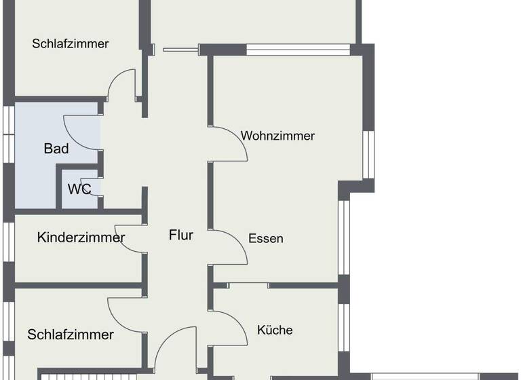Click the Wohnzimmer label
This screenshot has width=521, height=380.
coord(277,136)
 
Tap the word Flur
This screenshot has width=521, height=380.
coord(181,235)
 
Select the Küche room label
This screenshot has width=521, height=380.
coord(275,330)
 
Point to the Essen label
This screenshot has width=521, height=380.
coord(266,238)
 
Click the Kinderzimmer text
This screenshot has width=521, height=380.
coord(81,237)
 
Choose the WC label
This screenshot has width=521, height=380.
coord(79,189)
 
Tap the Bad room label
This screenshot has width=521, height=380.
coord(56,149)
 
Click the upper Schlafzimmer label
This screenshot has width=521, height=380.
coord(71,43)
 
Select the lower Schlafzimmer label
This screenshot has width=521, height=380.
coord(71,335)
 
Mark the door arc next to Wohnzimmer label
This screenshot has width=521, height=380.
coord(228,143)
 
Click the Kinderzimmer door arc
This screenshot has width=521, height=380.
coord(129,237)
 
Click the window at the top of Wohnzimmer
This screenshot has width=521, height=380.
coord(298,49)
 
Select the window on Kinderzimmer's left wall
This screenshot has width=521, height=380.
coord(8,242)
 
